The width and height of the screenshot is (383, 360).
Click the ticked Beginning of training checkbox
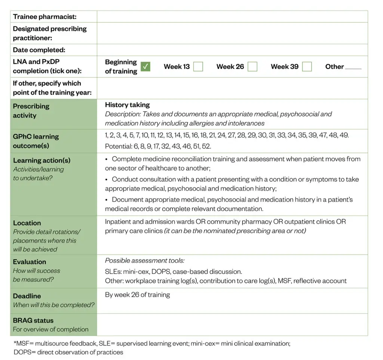pyautogui.click(x=145, y=67)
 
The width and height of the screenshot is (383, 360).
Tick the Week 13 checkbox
pyautogui.click(x=198, y=67)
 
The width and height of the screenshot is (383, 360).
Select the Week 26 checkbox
pyautogui.click(x=252, y=67)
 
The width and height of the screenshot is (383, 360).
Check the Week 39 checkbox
pyautogui.click(x=307, y=67)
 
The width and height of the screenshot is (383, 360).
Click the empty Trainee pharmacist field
pyautogui.click(x=232, y=16)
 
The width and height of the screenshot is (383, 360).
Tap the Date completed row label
pyautogui.click(x=39, y=50)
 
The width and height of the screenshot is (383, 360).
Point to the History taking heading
pyautogui.click(x=127, y=105)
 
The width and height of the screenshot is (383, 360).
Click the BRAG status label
pyautogui.click(x=33, y=320)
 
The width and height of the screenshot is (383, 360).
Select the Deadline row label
pyautogui.click(x=27, y=296)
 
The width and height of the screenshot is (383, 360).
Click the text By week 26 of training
pyautogui.click(x=137, y=295)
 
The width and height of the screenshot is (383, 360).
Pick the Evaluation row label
pyautogui.click(x=30, y=262)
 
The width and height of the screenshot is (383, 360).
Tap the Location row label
pyautogui.click(x=27, y=223)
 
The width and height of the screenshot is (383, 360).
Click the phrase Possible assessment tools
pyautogui.click(x=144, y=260)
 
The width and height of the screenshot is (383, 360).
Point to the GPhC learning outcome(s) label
pyautogui.click(x=36, y=141)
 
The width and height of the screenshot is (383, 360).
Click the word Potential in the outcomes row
pyautogui.click(x=116, y=146)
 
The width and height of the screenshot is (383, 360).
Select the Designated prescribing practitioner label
pyautogui.click(x=49, y=33)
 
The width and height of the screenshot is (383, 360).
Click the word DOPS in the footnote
pyautogui.click(x=22, y=352)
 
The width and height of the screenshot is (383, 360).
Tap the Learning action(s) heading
pyautogui.click(x=42, y=161)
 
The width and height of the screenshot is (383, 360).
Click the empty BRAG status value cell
pyautogui.click(x=232, y=324)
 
